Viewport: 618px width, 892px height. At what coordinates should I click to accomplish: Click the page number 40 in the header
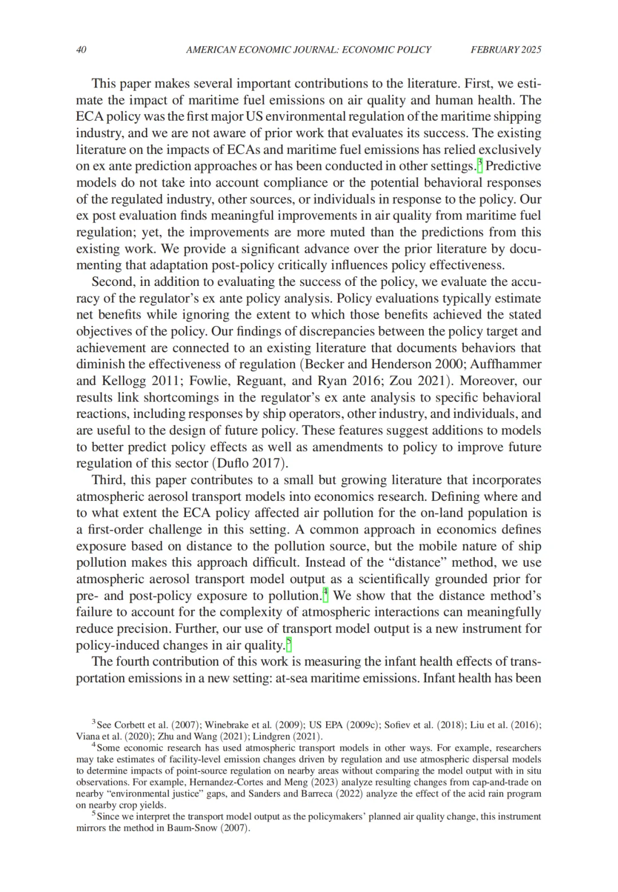[81, 50]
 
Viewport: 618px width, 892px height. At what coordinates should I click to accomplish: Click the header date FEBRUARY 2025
[506, 50]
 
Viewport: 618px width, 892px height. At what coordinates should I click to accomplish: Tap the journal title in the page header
[308, 50]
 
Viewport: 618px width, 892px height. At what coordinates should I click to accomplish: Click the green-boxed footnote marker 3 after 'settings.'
[480, 165]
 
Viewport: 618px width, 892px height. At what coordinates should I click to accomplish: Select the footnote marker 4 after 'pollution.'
[326, 595]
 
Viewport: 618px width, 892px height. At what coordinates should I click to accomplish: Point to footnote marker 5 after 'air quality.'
[289, 644]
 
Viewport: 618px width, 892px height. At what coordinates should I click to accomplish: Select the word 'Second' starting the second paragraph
[111, 282]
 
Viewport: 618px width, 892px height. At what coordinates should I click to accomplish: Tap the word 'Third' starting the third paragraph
[108, 480]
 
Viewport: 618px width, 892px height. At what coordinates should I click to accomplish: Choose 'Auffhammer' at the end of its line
[508, 364]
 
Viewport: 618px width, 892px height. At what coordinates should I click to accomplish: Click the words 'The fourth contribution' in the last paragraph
[148, 662]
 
